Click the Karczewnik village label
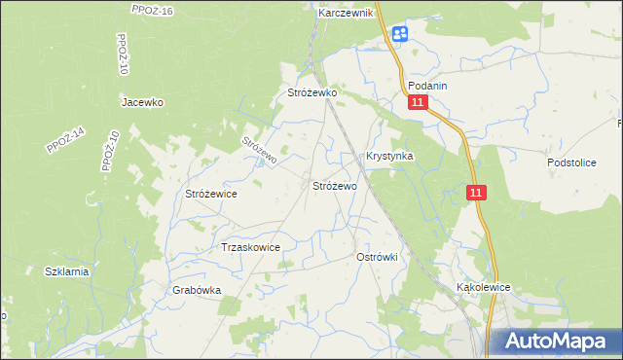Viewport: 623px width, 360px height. click(x=346, y=14)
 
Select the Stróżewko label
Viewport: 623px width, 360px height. click(x=311, y=92)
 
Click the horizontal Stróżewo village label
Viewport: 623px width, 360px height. click(x=334, y=185)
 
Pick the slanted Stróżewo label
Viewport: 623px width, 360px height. click(x=260, y=149)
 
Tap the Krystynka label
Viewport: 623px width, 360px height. click(x=389, y=156)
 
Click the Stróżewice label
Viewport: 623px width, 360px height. click(x=211, y=194)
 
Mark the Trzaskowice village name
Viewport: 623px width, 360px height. click(x=251, y=247)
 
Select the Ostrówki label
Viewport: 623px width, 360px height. click(x=378, y=256)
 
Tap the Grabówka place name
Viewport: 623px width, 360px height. click(x=198, y=290)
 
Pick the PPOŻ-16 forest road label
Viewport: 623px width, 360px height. click(x=152, y=10)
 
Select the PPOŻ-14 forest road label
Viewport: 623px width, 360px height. click(x=66, y=140)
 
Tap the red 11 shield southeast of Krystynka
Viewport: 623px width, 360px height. click(x=475, y=194)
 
